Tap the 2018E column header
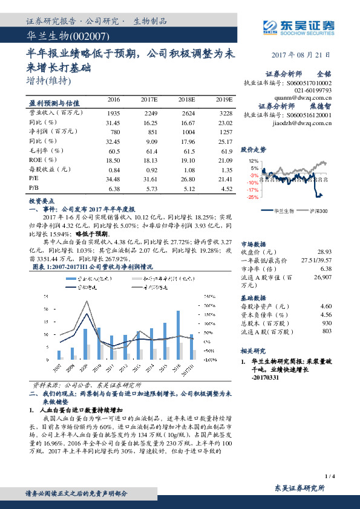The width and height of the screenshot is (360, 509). click(x=186, y=99)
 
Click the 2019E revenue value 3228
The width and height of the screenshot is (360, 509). click(x=225, y=113)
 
